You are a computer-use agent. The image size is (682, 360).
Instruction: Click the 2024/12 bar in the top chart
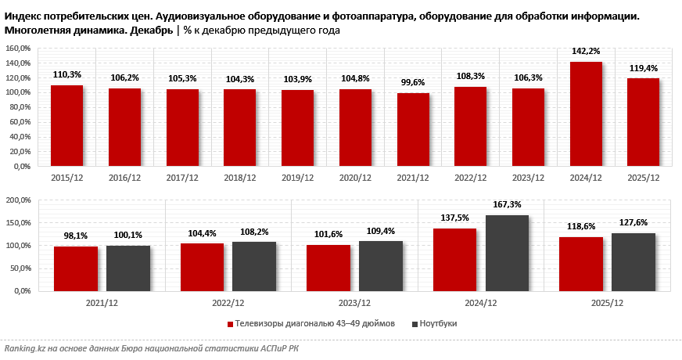(x=585, y=114)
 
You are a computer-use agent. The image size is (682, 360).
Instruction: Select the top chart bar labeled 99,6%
(x=412, y=130)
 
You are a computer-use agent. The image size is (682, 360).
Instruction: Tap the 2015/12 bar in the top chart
(x=66, y=126)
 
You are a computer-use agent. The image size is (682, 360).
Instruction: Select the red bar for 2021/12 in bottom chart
(x=76, y=268)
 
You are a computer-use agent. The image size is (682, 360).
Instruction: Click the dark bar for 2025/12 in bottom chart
(x=634, y=262)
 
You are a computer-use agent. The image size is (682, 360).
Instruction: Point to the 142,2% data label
(x=585, y=52)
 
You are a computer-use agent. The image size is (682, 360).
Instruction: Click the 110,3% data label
(x=66, y=75)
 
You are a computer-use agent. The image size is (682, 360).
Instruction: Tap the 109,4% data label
(x=380, y=232)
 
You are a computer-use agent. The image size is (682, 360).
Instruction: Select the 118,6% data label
(x=581, y=227)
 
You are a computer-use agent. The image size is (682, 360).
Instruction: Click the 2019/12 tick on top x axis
(x=297, y=178)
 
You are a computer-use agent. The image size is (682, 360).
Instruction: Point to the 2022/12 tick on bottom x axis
(x=228, y=302)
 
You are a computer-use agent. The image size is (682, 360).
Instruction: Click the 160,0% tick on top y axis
(x=17, y=48)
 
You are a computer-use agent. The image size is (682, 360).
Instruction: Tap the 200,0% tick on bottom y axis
(x=17, y=200)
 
